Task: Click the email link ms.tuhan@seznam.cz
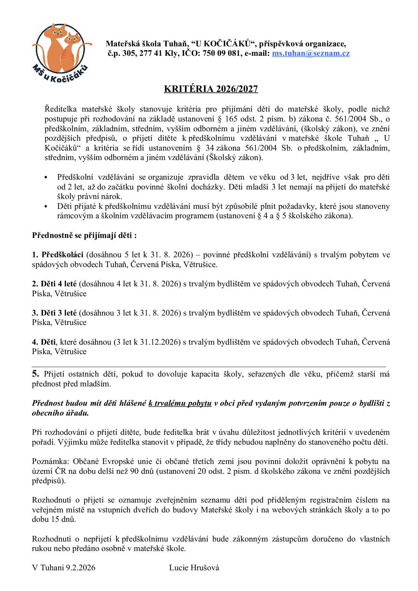(x=311, y=53)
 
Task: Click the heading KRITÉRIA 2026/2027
(x=211, y=89)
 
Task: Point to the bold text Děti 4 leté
(x=54, y=283)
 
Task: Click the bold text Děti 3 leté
(x=54, y=312)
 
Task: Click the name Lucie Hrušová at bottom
(x=194, y=568)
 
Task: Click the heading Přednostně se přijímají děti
(x=84, y=235)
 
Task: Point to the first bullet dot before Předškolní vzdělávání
(x=46, y=178)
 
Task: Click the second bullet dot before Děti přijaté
(x=46, y=207)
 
